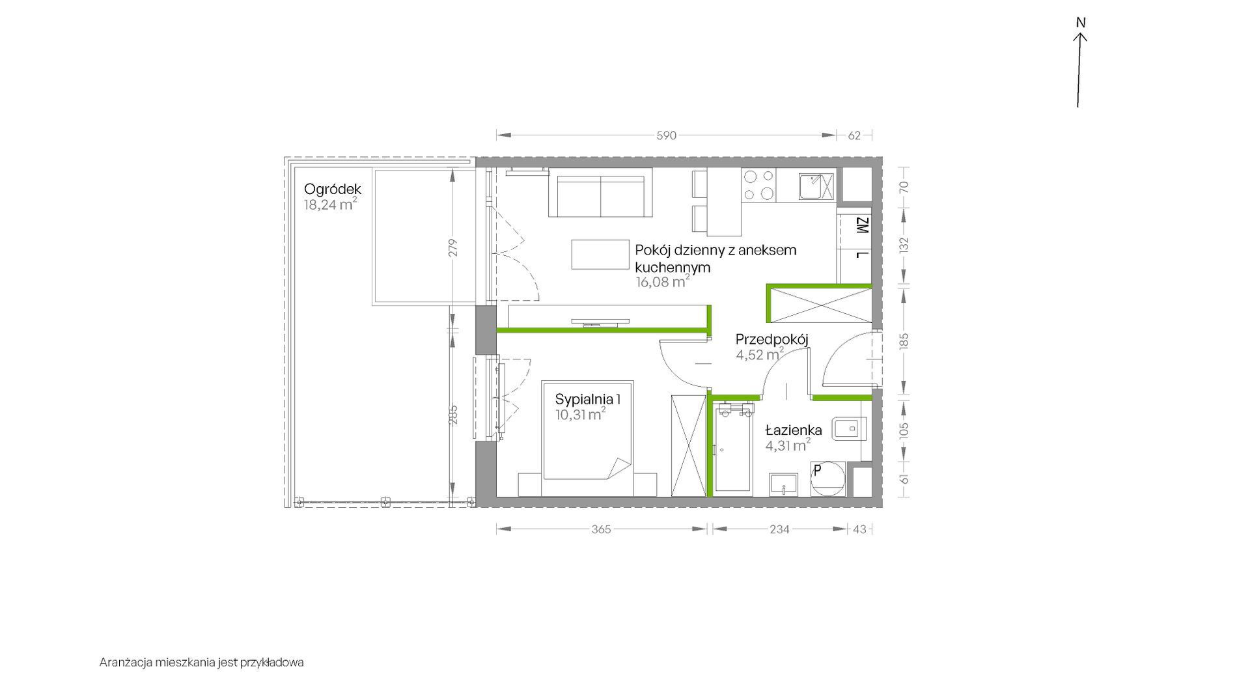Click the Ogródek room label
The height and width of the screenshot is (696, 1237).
click(x=333, y=189)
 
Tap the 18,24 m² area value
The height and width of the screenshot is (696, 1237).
click(x=330, y=204)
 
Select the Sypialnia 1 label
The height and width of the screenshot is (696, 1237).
click(x=588, y=398)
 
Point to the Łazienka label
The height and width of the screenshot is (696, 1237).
click(x=794, y=430)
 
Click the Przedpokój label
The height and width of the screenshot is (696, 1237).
click(x=772, y=339)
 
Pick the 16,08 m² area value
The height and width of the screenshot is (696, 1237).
click(x=662, y=282)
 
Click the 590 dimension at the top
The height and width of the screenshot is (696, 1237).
click(x=666, y=135)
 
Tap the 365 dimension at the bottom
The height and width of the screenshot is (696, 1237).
click(x=601, y=529)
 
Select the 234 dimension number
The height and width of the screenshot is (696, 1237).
click(x=779, y=529)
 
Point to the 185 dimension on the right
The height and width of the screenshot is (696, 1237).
click(x=903, y=341)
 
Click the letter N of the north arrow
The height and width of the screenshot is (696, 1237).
click(x=1081, y=23)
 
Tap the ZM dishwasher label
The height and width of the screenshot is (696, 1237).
click(x=862, y=227)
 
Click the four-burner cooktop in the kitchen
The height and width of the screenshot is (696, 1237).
click(x=758, y=184)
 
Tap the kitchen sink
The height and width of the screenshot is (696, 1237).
click(x=817, y=186)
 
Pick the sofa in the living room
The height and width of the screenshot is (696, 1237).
click(x=600, y=192)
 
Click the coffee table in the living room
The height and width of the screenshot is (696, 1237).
click(x=600, y=254)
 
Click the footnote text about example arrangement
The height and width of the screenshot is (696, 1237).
click(x=202, y=663)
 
